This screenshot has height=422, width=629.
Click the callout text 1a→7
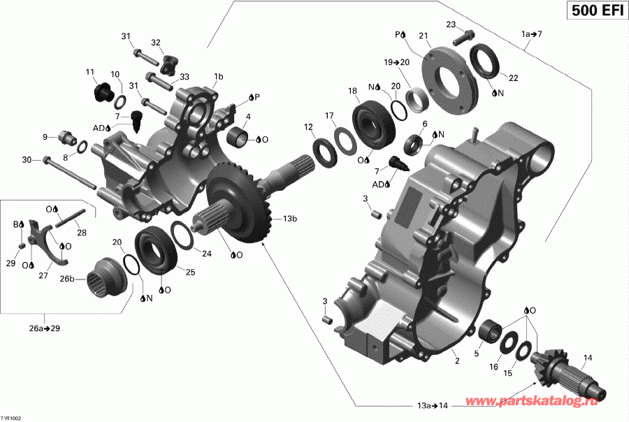coord(531,34)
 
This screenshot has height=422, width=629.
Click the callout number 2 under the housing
coord(456,361)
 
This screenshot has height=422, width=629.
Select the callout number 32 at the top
coord(155,42)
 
